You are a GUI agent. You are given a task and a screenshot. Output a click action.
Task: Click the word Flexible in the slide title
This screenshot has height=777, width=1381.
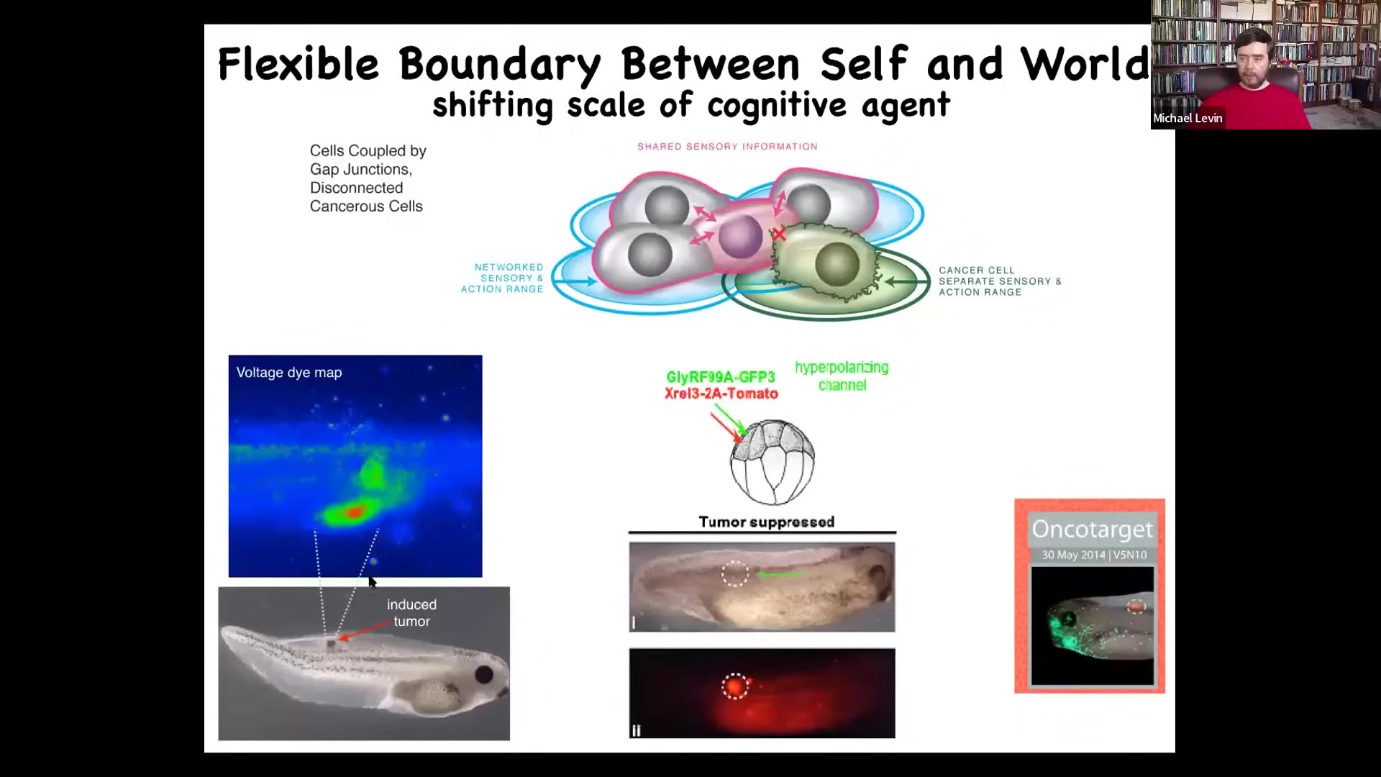pos(298,63)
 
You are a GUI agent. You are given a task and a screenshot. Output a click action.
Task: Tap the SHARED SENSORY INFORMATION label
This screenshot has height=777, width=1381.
pos(727,147)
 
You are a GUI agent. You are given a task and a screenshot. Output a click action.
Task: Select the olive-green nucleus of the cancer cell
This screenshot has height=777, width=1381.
pos(837,263)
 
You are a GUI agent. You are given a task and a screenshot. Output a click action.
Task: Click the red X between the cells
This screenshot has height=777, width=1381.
pos(778,234)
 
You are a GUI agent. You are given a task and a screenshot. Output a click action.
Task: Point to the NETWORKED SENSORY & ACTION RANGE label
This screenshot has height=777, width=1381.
pos(502,278)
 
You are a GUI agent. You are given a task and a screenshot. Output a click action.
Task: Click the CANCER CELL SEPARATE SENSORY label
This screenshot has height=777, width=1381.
pos(1000,281)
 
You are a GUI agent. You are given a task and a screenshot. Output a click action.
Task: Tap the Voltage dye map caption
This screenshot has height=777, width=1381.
pos(289,373)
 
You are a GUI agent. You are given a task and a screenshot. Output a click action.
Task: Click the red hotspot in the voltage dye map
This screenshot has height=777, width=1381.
pos(354,512)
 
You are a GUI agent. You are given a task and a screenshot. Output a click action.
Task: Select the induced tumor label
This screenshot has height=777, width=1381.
pos(411,613)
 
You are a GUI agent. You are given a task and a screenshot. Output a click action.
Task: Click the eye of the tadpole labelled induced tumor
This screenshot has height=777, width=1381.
pos(484,674)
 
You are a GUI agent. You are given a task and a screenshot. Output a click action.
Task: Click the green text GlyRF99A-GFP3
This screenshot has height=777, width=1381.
pos(721,377)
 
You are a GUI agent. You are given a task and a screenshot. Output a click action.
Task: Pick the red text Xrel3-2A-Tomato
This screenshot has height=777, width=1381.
pos(721,394)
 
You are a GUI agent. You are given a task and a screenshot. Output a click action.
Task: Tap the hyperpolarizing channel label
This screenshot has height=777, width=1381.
pos(842,376)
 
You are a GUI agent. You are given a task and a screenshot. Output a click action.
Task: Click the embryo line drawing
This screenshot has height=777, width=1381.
pos(772,462)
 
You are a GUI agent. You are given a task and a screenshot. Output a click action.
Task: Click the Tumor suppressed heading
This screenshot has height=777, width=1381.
pos(767,522)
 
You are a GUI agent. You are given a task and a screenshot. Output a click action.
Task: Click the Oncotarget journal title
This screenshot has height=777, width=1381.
pos(1093,530)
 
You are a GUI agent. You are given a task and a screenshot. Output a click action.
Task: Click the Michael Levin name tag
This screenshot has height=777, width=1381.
pos(1188,118)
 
